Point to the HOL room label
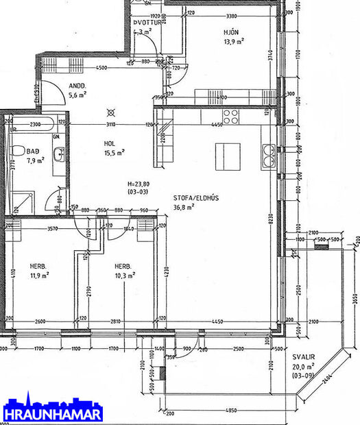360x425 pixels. [109, 144]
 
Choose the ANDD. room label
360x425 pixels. [77, 86]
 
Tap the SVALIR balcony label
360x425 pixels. [302, 358]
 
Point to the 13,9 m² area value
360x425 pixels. [234, 41]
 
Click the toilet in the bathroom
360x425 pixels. [15, 151]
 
